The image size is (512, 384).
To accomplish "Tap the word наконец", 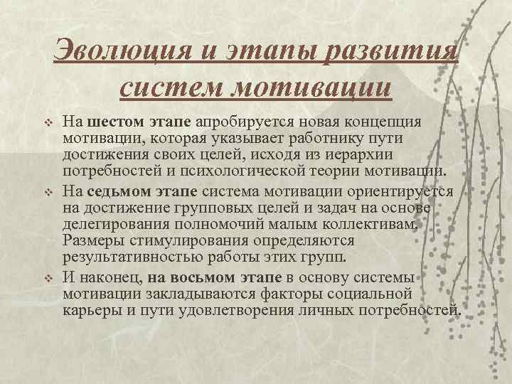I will click(x=103, y=276).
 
